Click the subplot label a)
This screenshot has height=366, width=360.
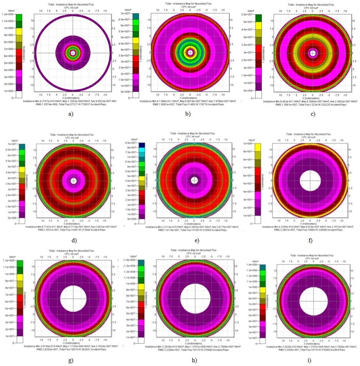coord(71,114)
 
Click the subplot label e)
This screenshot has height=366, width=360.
coord(197,240)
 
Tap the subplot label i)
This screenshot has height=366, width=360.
coord(309,360)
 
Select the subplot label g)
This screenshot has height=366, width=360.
coord(71,360)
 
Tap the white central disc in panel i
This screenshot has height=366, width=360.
coord(313,301)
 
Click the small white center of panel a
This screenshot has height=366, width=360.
coord(73,53)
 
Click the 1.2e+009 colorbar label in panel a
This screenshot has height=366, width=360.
coord(7,14)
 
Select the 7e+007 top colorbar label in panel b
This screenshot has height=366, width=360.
coord(125,13)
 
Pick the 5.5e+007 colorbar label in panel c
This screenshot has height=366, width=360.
coord(247,14)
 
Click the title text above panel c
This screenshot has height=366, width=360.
coord(311,5)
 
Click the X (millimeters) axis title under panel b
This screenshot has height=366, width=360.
coord(190,98)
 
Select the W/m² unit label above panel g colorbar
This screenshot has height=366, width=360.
coord(12,257)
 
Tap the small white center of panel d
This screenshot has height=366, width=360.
coord(74,181)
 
